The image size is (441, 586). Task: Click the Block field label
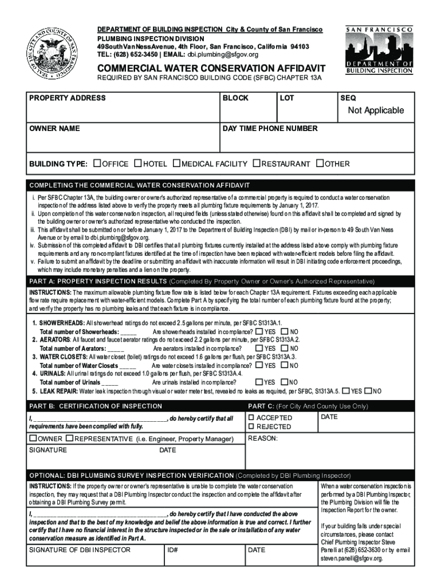235,98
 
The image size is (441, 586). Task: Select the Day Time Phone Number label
270,129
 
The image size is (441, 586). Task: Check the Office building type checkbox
97,164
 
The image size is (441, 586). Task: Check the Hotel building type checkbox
137,164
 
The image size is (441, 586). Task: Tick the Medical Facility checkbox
176,164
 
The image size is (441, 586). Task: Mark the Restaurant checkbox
257,164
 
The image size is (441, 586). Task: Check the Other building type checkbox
320,164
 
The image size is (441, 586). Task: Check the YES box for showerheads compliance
259,331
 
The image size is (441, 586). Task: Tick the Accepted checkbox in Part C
250,418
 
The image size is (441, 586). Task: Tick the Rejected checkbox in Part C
250,427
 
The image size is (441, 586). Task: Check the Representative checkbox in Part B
70,438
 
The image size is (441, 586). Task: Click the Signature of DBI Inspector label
80,550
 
